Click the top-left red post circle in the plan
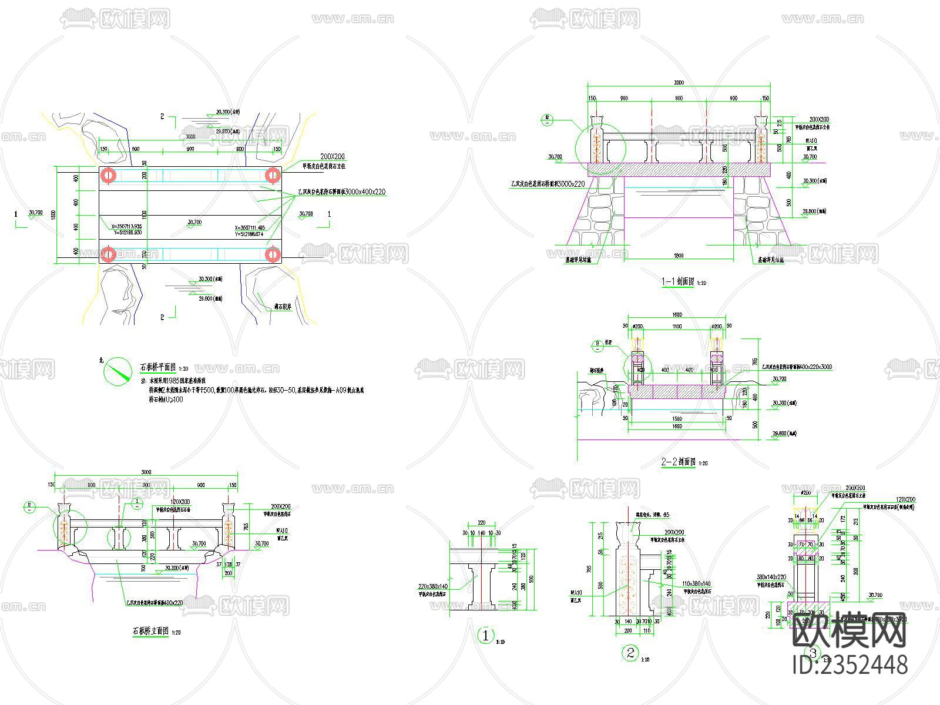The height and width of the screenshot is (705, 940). pos(108,175)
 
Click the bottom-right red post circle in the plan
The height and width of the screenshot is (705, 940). pos(271,254)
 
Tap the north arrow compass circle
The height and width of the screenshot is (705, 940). pos(117,371)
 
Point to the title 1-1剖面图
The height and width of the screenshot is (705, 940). pos(677,282)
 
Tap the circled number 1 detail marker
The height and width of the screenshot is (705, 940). pos(485,635)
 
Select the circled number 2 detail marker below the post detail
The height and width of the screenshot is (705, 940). pos(631,653)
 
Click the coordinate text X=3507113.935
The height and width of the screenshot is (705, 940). pos(122,226)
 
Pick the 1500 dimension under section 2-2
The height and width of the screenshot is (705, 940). pos(677,419)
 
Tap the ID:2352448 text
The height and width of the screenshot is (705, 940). pos(850,665)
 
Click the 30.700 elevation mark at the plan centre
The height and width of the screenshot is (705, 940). pos(194,223)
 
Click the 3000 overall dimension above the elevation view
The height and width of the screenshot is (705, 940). pos(146,472)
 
